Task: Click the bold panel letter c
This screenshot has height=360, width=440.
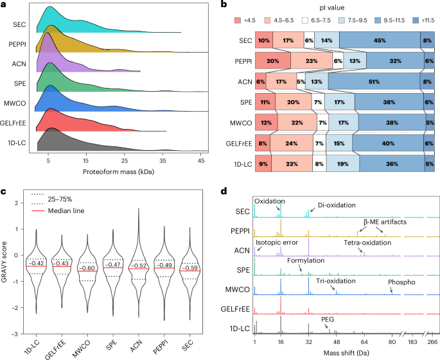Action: [3, 190]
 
